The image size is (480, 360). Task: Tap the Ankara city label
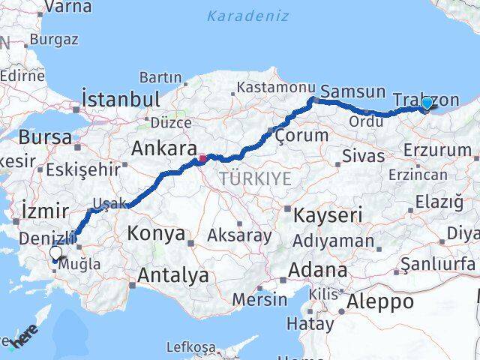(164, 148)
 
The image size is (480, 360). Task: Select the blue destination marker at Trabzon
(427, 103)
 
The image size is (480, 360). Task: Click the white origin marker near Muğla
(56, 253)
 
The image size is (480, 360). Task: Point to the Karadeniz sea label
(238, 15)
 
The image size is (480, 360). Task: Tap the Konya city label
(156, 233)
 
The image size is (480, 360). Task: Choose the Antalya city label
(172, 275)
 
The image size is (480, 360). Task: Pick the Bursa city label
(45, 137)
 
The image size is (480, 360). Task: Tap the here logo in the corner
(24, 339)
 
